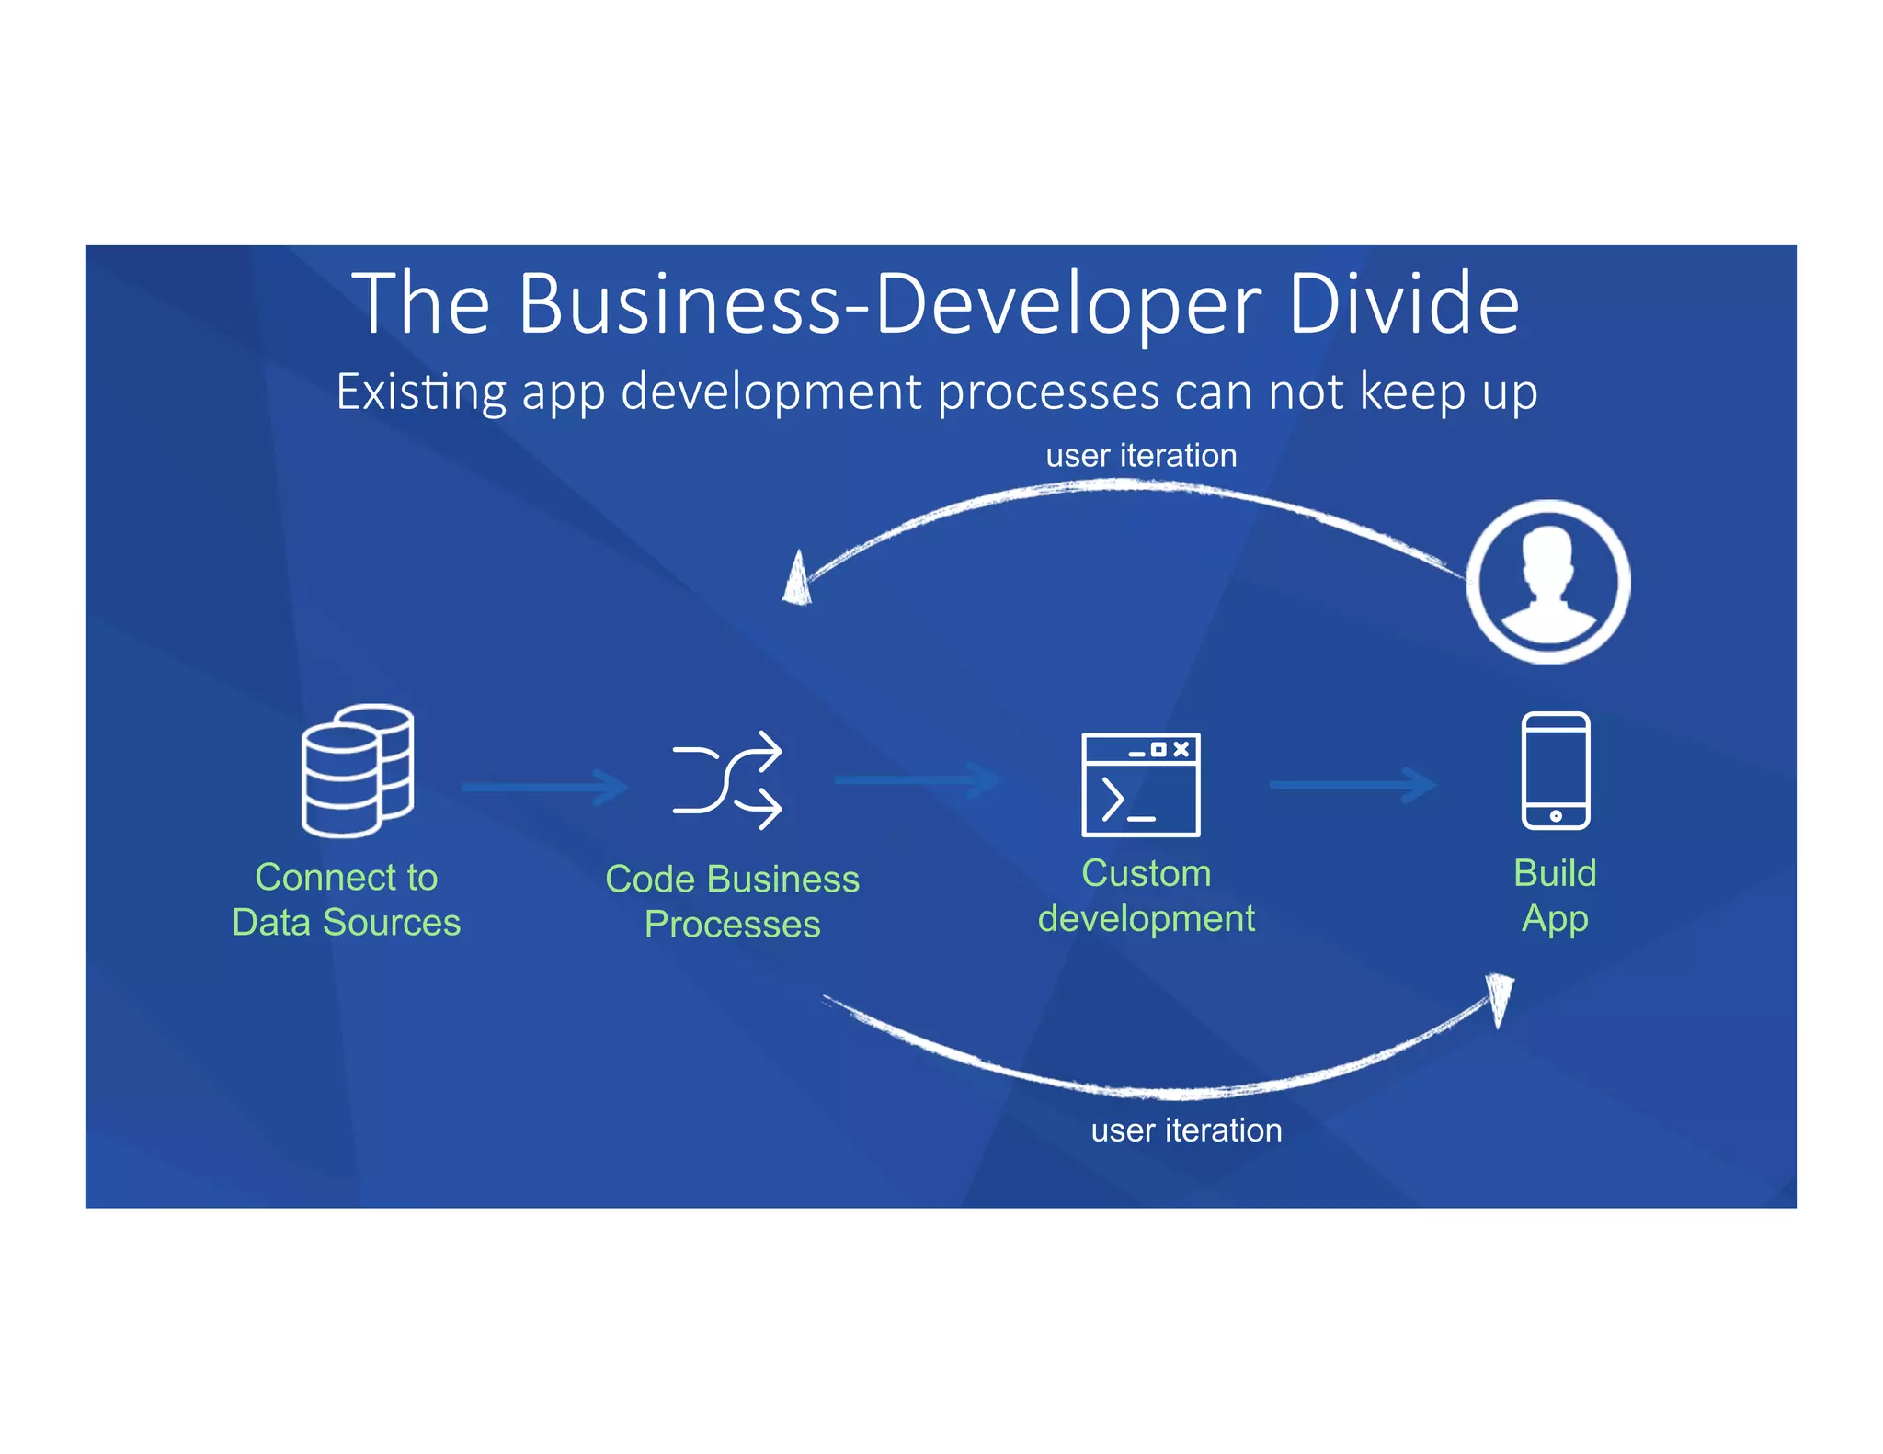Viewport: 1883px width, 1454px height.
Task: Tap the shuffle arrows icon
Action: pos(727,780)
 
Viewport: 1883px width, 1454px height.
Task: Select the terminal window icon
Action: pos(1140,784)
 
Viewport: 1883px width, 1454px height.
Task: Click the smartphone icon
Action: pos(1555,770)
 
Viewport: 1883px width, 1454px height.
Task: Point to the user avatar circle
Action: pos(1548,582)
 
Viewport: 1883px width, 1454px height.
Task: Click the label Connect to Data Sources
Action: pos(347,900)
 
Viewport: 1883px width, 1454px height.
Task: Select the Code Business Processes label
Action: pos(732,902)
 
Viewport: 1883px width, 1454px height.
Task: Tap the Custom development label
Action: pos(1146,896)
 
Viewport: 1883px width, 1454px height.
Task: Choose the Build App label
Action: pos(1555,896)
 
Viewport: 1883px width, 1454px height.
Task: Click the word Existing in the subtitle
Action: pos(420,392)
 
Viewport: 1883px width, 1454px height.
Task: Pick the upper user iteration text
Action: pos(1141,456)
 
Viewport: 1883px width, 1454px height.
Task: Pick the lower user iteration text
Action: pos(1186,1130)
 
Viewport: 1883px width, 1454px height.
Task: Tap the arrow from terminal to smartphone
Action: pos(1352,785)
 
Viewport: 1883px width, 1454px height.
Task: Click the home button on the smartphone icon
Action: pos(1555,816)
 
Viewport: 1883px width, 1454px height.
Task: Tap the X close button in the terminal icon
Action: pos(1181,749)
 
